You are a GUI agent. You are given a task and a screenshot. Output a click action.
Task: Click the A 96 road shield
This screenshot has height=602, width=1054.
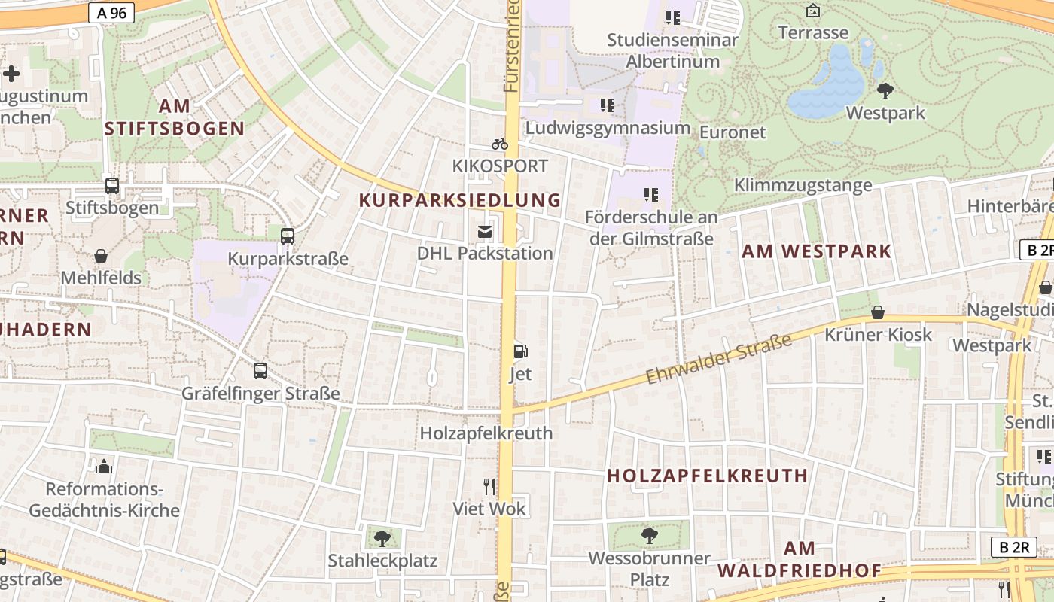click(111, 12)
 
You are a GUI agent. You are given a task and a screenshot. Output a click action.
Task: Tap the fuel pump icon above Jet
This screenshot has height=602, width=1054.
click(520, 351)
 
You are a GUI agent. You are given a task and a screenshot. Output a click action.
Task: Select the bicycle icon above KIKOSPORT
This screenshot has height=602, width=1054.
click(500, 143)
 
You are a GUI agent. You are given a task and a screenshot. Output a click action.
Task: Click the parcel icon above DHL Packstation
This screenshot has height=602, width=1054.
click(485, 231)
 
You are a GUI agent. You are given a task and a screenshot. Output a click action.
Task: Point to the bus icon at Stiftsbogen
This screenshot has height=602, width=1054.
click(112, 185)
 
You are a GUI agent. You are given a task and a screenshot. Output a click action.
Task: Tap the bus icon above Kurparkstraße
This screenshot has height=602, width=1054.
click(288, 236)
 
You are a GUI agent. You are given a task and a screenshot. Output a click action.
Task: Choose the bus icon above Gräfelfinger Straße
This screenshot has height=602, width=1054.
click(260, 370)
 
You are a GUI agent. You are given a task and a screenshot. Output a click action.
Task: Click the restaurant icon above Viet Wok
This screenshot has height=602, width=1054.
click(489, 486)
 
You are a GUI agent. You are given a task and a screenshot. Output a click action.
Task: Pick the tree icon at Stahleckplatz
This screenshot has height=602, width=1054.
click(382, 538)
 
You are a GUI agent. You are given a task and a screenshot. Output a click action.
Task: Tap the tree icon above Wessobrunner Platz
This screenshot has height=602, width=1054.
click(649, 536)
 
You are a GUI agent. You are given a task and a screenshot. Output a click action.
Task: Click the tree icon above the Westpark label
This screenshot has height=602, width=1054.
click(885, 91)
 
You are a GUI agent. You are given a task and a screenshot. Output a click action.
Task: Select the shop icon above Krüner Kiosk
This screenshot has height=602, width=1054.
click(878, 312)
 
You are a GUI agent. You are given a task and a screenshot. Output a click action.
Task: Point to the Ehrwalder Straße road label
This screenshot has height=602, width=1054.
click(719, 359)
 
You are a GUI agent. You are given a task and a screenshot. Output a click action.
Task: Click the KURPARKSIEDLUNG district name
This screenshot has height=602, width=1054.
click(460, 200)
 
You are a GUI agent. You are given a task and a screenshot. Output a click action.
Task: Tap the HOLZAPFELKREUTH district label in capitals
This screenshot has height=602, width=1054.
click(707, 476)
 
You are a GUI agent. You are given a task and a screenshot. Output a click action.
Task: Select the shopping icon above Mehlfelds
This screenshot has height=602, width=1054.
click(101, 256)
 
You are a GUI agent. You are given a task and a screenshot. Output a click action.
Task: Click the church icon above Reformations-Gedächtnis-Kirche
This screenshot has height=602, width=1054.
click(104, 467)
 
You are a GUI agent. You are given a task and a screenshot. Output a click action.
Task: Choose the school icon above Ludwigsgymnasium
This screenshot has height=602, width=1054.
click(608, 105)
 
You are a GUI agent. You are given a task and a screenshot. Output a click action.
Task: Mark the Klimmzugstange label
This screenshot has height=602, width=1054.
click(803, 185)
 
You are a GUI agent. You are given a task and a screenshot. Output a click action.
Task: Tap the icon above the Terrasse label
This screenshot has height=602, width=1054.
click(813, 11)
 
